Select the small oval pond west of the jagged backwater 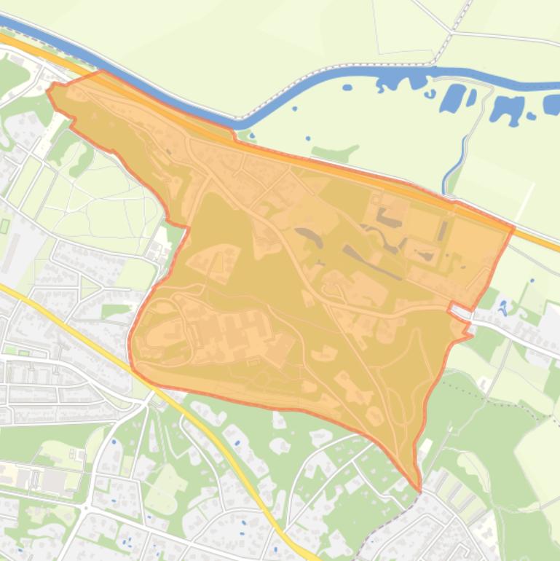point(347,87)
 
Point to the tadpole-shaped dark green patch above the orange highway point(335,153)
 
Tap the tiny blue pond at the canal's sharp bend point(251,135)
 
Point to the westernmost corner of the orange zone point(48,90)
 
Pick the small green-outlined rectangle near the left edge point(5,226)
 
